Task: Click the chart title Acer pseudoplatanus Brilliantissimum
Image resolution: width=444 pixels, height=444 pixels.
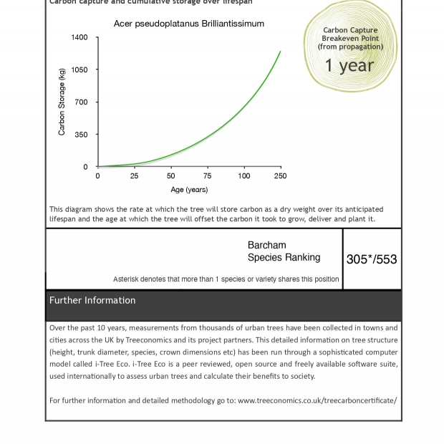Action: [x=189, y=24]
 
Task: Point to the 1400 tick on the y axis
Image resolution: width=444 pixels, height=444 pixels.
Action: [x=79, y=37]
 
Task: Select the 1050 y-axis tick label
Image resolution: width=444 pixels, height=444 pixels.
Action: [x=79, y=70]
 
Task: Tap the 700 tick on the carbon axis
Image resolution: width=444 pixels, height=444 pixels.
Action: [x=82, y=102]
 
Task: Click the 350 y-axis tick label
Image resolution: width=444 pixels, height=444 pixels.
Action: [x=82, y=135]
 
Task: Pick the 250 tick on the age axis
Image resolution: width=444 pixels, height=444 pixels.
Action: [x=280, y=176]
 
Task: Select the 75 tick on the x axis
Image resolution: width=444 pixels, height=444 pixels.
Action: [x=207, y=176]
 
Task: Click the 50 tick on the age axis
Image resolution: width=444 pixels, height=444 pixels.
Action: [x=170, y=176]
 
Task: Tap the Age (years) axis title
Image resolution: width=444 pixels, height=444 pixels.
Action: [x=189, y=190]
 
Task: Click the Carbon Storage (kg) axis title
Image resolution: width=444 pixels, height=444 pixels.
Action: [x=62, y=102]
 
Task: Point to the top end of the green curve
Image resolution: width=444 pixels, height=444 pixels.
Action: [x=280, y=51]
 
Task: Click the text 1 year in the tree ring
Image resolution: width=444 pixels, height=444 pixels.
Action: [x=349, y=66]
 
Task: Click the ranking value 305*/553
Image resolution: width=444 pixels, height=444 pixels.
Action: [x=372, y=259]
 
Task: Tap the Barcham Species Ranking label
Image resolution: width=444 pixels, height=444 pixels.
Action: [x=284, y=251]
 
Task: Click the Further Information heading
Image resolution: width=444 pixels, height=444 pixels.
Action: [x=92, y=301]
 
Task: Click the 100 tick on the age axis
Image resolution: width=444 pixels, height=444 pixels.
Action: [x=244, y=176]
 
